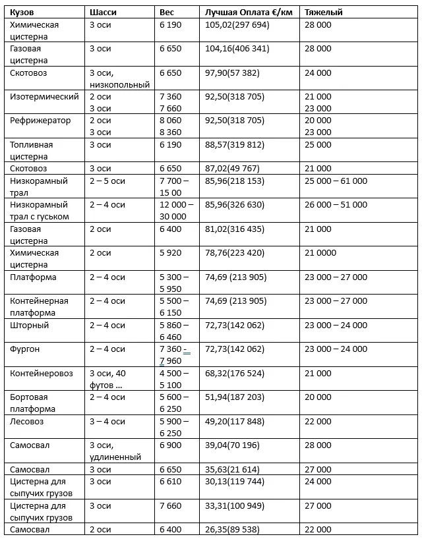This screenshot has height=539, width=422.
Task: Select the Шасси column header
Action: tap(102, 13)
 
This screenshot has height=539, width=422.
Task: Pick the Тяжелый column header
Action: tap(323, 13)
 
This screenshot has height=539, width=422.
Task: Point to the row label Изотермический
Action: tap(44, 97)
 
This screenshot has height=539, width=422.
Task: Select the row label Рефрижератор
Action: tap(40, 121)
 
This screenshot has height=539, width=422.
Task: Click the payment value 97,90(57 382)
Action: tap(235, 73)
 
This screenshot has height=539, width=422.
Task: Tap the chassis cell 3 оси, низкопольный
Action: tap(119, 79)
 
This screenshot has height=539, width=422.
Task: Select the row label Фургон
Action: tap(26, 349)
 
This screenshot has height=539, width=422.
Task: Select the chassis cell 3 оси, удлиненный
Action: tap(115, 451)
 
